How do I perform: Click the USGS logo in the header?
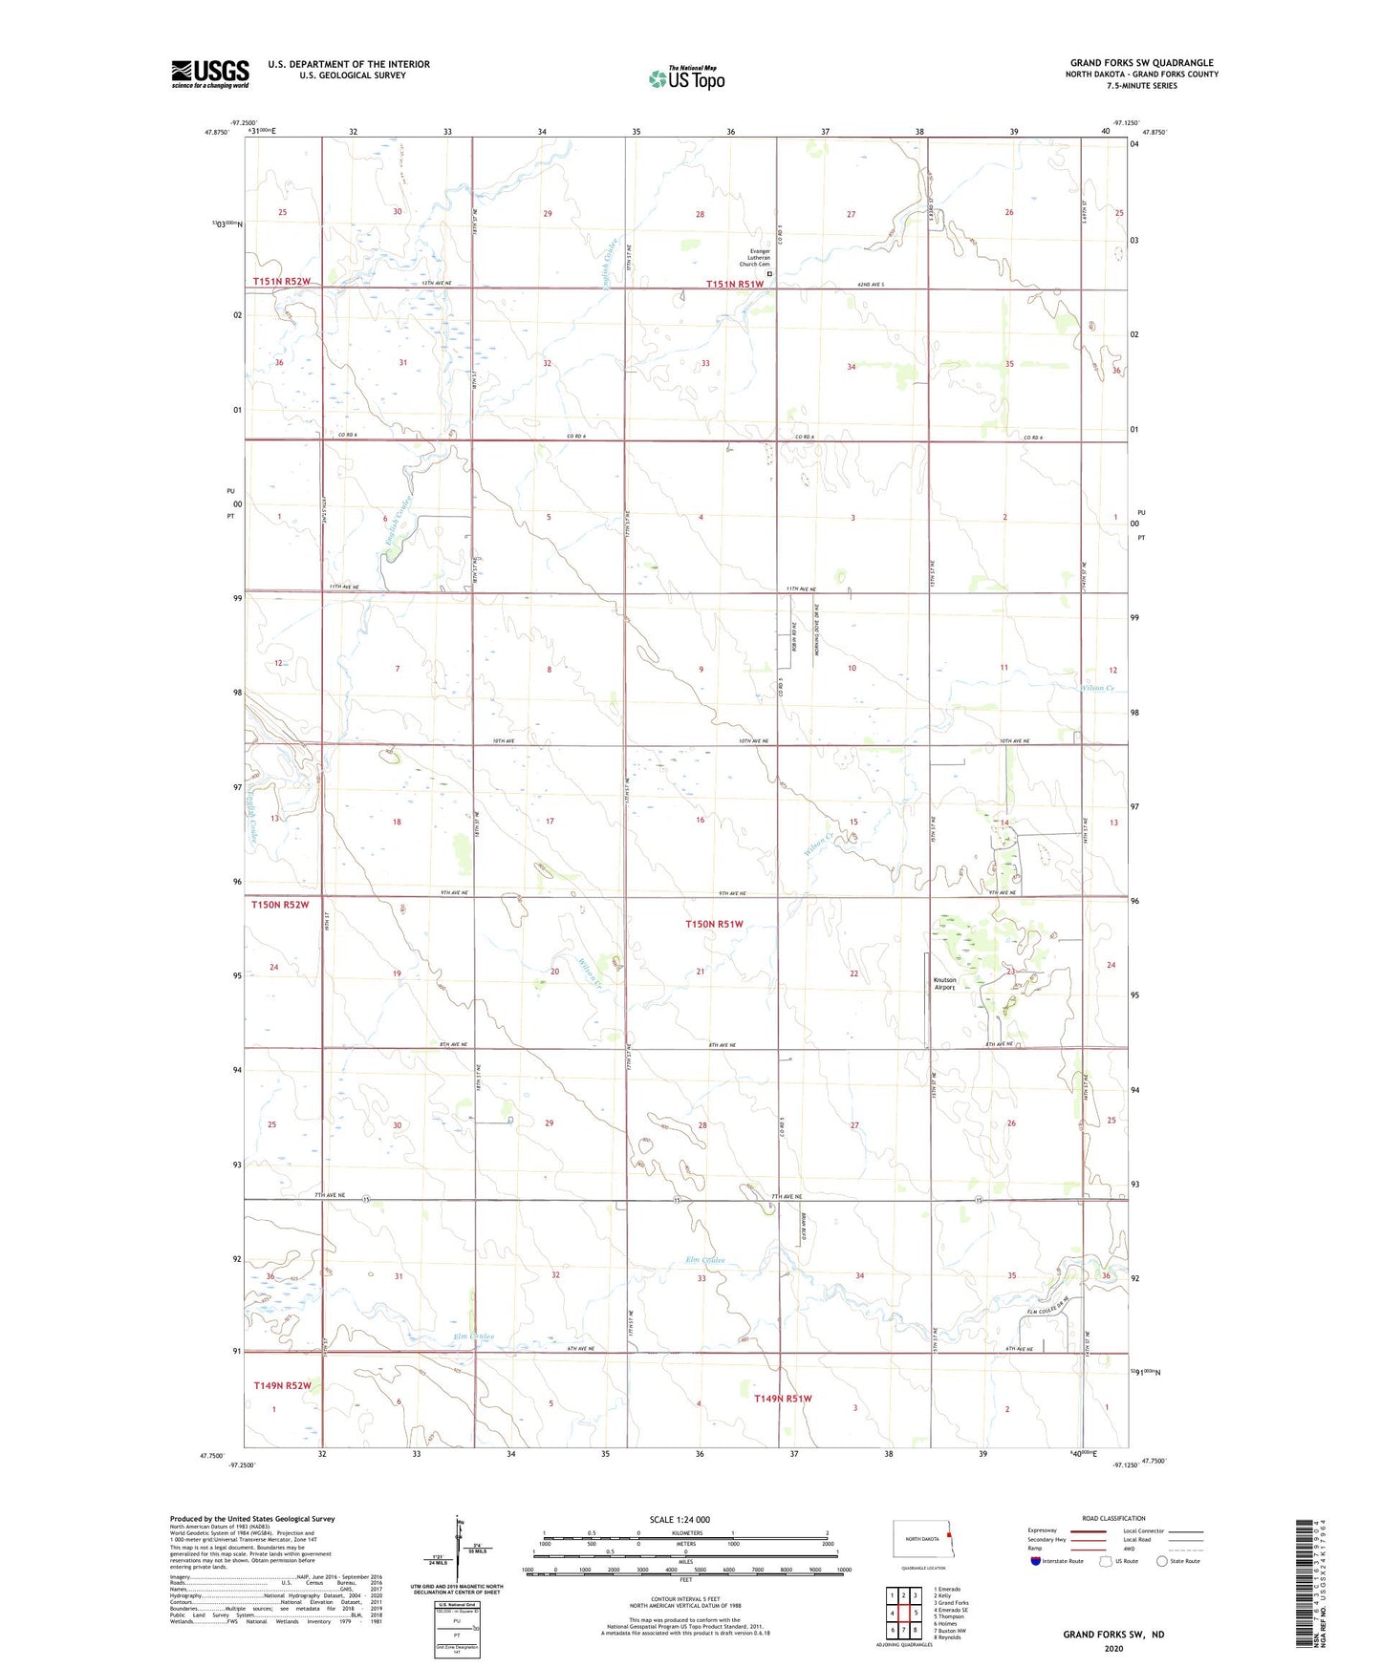(210, 74)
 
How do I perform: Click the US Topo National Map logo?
(686, 78)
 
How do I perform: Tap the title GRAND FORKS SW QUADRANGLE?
(1141, 63)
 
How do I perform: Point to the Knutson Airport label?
(944, 983)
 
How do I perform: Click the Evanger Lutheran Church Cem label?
(755, 257)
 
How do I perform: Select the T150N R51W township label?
(714, 924)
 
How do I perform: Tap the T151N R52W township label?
(282, 281)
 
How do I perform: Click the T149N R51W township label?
(783, 1398)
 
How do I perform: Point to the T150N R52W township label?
(280, 904)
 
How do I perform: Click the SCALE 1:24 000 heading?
(680, 1519)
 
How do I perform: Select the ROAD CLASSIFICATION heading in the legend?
(1113, 1518)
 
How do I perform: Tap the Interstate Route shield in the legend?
(1036, 1561)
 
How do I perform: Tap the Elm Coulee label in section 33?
(705, 1260)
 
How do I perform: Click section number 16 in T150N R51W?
(700, 820)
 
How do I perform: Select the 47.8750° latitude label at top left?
(216, 133)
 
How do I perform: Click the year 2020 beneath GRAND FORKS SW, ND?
(1112, 1648)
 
